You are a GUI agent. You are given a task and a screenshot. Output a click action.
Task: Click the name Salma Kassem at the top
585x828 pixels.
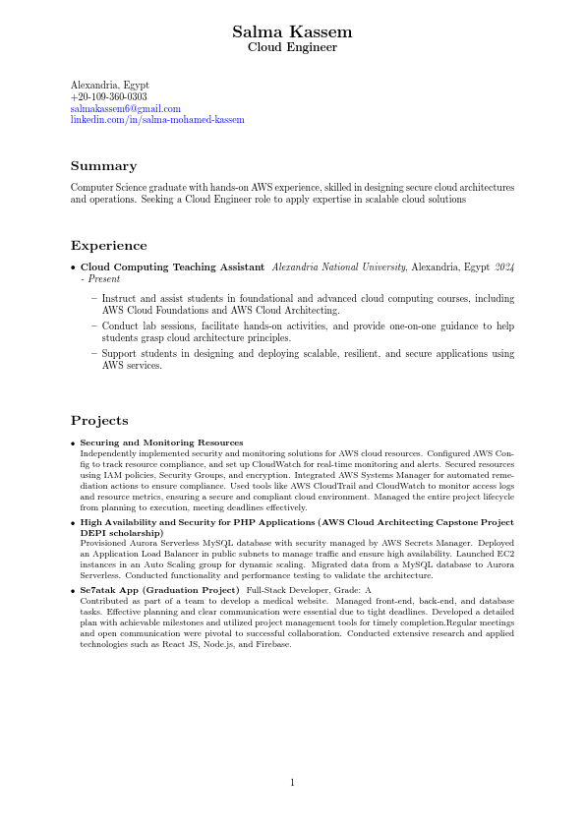(292, 32)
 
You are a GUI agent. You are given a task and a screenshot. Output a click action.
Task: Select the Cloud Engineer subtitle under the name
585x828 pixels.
(292, 47)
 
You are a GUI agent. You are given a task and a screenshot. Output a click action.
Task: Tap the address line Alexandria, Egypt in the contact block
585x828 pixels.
(109, 86)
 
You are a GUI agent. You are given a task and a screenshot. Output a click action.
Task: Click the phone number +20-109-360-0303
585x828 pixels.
(108, 97)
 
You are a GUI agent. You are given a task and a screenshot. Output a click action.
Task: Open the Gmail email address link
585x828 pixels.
(125, 108)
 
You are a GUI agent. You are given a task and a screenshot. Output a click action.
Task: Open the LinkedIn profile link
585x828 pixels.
(157, 119)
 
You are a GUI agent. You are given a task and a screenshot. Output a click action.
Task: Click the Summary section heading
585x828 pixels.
(103, 166)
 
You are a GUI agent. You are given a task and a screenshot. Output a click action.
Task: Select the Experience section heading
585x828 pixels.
(108, 246)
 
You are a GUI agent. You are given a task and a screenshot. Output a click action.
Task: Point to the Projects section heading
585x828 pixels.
(99, 421)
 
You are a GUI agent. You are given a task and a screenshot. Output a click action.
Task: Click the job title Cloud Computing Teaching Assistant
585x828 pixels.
(172, 267)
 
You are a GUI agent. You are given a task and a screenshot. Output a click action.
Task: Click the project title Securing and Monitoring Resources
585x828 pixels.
(161, 443)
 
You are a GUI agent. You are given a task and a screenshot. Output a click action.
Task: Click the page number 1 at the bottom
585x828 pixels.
(292, 783)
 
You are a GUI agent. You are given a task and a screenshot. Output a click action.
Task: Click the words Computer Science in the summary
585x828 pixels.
(104, 187)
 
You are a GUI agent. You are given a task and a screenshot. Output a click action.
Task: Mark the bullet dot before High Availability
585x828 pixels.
(74, 523)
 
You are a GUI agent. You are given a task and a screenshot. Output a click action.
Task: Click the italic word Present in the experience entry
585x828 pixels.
(104, 279)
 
